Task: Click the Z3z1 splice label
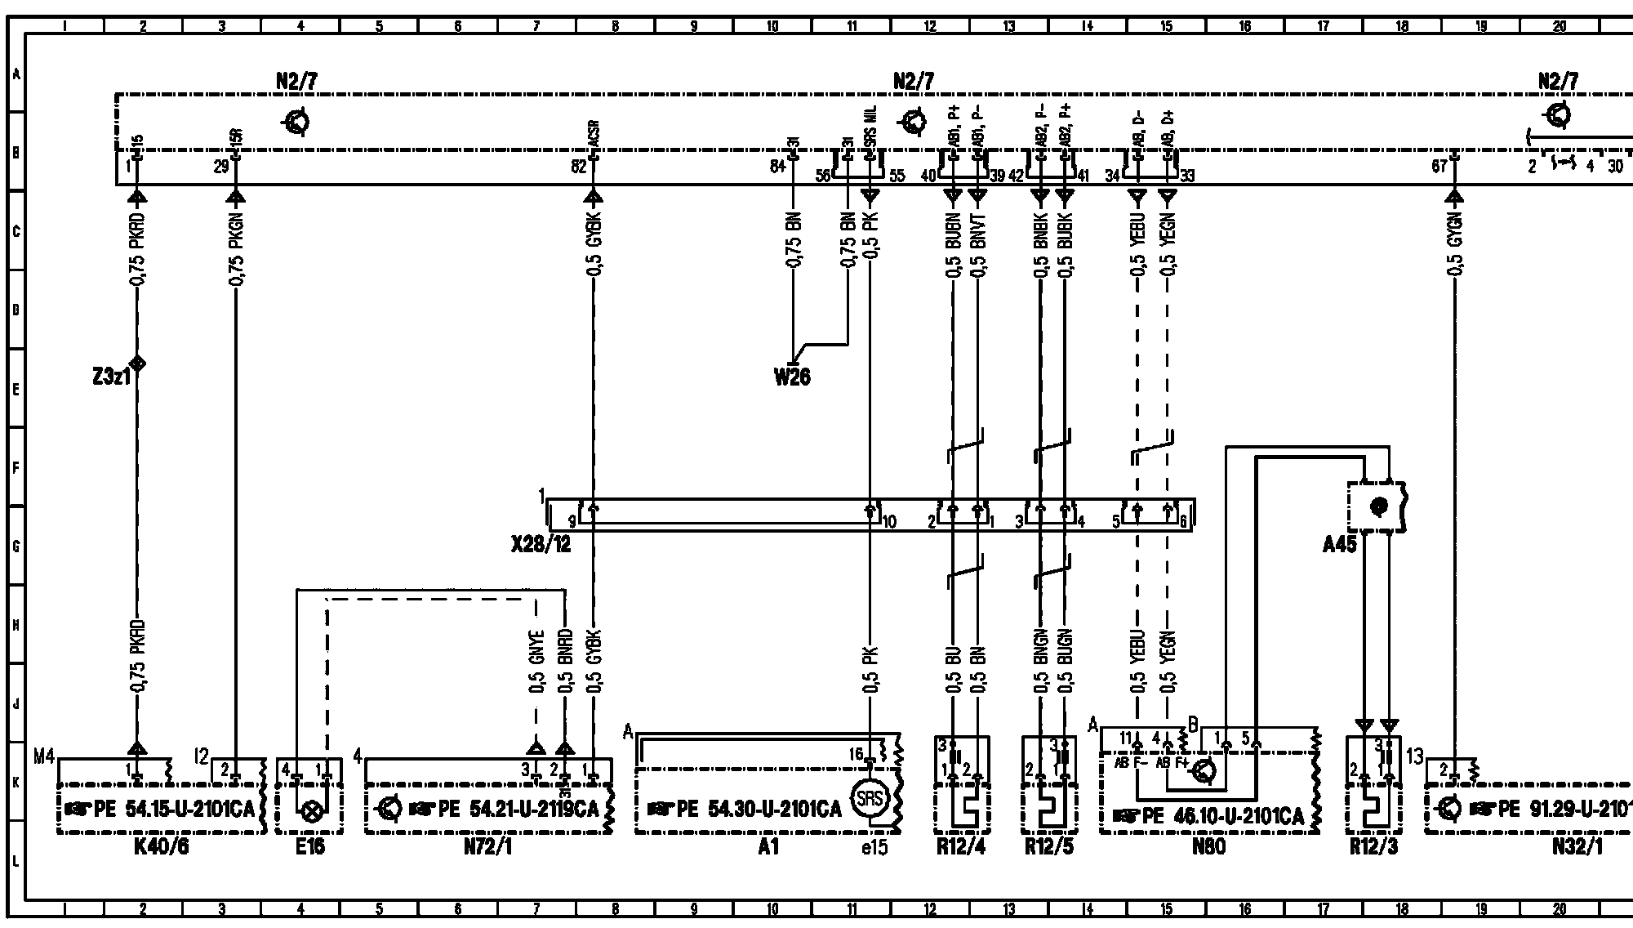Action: [111, 378]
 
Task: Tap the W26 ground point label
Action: [792, 377]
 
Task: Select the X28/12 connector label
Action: [541, 544]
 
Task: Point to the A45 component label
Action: [1339, 544]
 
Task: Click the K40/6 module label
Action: [161, 847]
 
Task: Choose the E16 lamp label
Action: [310, 847]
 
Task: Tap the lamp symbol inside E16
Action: [310, 812]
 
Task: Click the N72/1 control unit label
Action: [487, 847]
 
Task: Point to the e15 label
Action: [874, 847]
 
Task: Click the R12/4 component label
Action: [961, 847]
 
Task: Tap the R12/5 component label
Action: [1049, 847]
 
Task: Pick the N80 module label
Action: [1208, 847]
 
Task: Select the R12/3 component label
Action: [1373, 847]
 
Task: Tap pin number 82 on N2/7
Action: [578, 167]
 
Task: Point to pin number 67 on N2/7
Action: [1439, 167]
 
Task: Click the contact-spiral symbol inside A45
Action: [1379, 506]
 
